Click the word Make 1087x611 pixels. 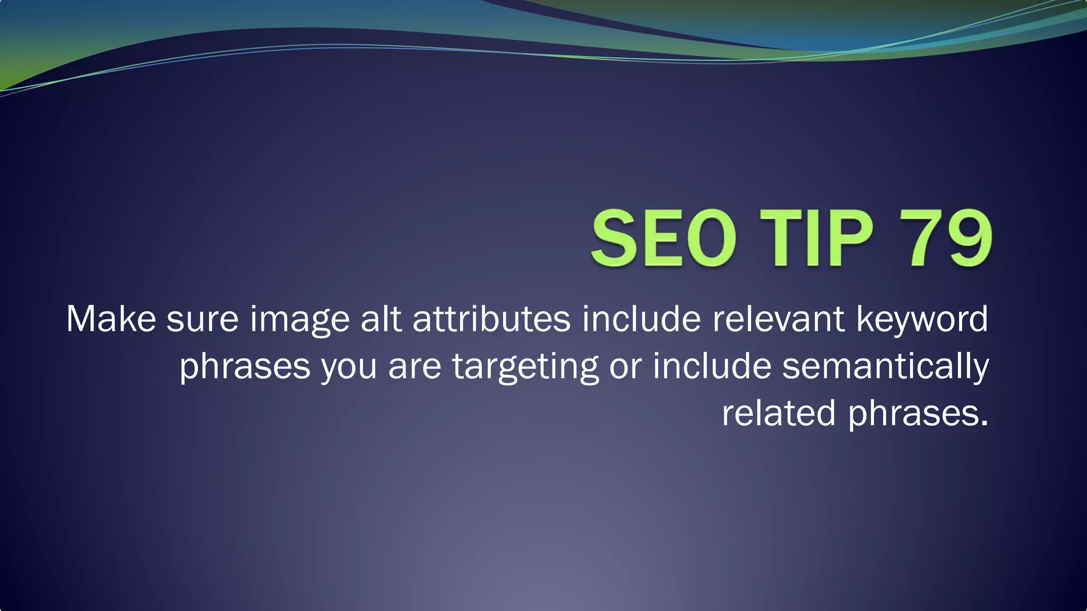coord(111,319)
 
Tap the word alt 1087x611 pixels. coord(381,319)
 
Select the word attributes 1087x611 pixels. coord(491,319)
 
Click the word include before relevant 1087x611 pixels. coord(641,319)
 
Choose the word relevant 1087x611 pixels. coord(779,319)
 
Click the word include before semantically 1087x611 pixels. coord(712,365)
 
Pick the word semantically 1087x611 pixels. coord(885,366)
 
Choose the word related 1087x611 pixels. coord(779,413)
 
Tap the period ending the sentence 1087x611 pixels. coord(985,423)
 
